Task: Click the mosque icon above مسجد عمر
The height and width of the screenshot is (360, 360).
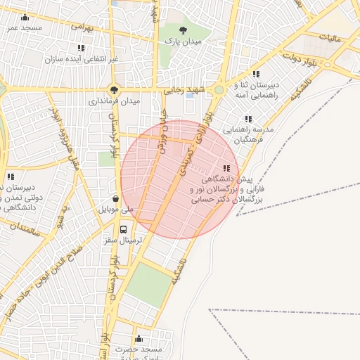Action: point(25,18)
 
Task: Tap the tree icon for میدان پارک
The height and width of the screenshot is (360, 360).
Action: point(184,30)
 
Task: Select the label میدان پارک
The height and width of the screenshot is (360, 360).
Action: point(184,42)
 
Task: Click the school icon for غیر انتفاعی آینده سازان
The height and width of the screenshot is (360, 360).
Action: point(81,48)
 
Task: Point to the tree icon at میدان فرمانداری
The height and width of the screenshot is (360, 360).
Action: point(114,89)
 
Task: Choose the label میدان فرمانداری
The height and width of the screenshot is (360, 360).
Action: point(114,101)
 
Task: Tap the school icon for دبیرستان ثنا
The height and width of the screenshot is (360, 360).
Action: point(257,73)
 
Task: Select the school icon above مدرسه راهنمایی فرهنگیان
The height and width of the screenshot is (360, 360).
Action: point(247,119)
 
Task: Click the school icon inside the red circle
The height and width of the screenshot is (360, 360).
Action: point(226,168)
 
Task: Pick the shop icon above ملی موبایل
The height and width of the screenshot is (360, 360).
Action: point(115,198)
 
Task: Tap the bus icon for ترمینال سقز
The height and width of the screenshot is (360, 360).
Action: point(124,229)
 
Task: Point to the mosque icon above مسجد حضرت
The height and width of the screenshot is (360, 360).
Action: point(139,338)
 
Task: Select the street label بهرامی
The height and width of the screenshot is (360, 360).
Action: point(82,27)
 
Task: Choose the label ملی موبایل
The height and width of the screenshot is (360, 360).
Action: point(117,210)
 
